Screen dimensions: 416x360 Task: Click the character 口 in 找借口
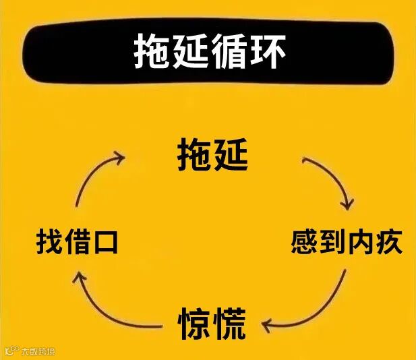(x=106, y=241)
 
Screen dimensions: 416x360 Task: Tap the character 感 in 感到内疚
(x=304, y=241)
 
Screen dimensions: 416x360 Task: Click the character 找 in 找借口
(x=49, y=241)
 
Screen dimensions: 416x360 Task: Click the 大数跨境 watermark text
(x=38, y=351)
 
